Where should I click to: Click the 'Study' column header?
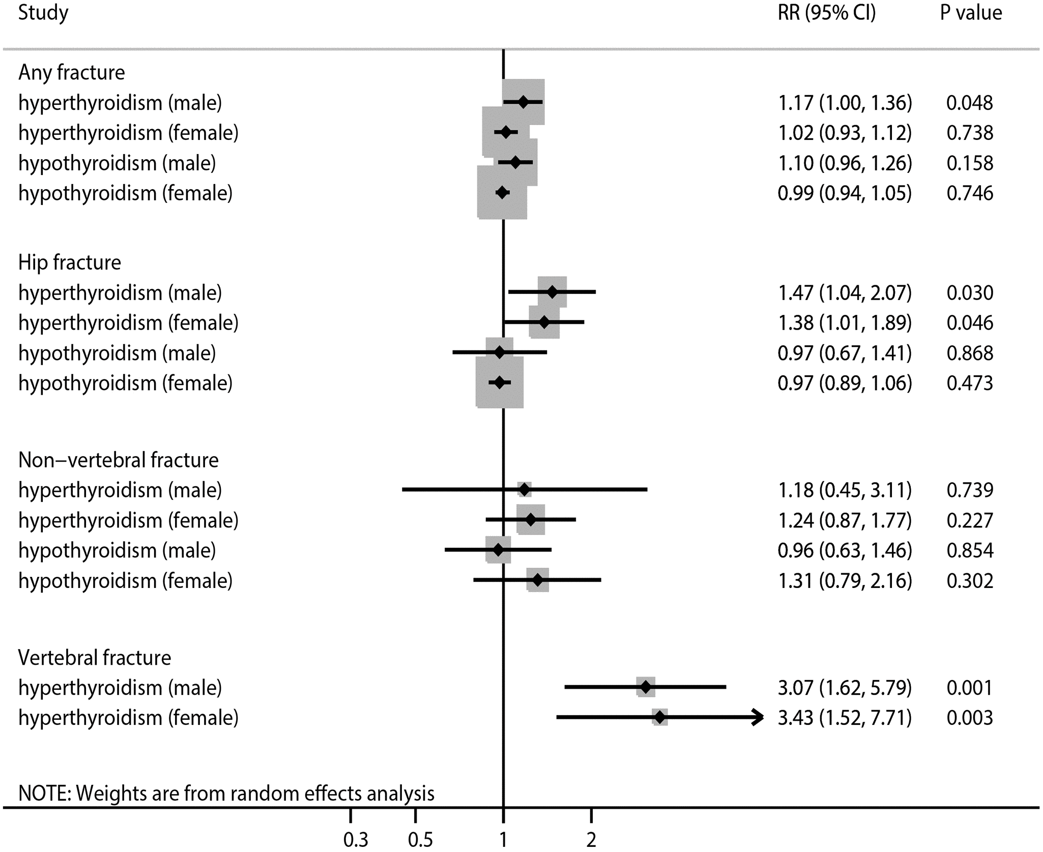tap(43, 13)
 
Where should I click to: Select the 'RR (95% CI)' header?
tap(827, 13)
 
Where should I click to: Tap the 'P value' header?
tap(971, 13)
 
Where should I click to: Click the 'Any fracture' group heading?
tap(72, 73)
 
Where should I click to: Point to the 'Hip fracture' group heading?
tap(70, 262)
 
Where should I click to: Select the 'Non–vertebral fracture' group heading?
tap(119, 460)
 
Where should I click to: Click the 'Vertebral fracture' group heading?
tap(95, 658)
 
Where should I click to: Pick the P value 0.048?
tap(969, 103)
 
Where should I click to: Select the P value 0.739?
tap(969, 490)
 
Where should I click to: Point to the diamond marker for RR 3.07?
tap(646, 688)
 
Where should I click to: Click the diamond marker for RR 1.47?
tap(552, 292)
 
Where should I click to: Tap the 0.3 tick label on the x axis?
tap(356, 840)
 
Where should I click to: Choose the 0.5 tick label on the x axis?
tap(420, 840)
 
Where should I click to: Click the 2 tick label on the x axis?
tap(591, 840)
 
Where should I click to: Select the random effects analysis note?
tap(226, 793)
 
